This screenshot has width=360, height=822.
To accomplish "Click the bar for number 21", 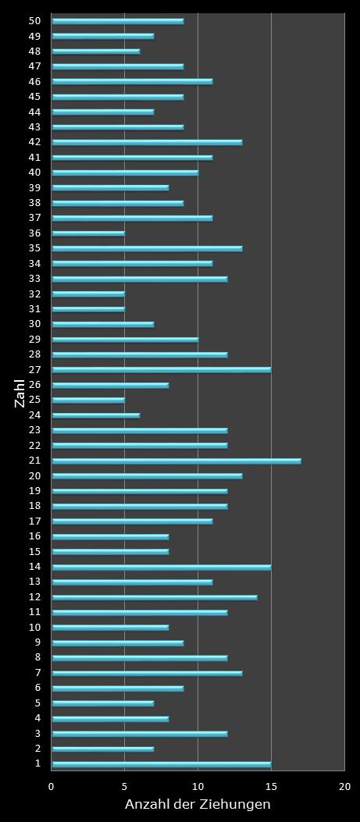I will tap(176, 461).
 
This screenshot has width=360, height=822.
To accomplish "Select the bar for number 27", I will tap(161, 370).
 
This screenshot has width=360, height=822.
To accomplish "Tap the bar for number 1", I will tap(161, 764).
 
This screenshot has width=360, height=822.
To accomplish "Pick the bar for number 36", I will tap(88, 233).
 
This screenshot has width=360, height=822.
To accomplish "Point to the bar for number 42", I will tap(147, 142).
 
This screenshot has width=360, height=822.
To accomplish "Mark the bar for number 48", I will tap(95, 52).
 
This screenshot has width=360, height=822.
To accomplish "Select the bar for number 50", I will tap(117, 21).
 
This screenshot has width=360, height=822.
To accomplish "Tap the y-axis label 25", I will tap(34, 400).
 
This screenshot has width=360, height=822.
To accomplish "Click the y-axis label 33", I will tap(34, 279).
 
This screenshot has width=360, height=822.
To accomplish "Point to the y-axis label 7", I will tap(37, 673).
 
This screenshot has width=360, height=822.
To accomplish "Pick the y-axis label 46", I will tap(34, 81).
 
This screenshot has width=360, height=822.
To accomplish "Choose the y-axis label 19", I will tap(34, 491).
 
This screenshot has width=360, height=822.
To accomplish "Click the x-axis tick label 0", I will tap(52, 787).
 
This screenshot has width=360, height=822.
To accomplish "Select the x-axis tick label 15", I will tap(271, 787).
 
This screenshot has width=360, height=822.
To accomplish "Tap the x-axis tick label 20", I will tap(344, 787).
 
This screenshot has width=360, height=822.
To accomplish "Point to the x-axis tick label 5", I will tap(125, 787).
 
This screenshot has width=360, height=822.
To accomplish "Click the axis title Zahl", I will tap(20, 393).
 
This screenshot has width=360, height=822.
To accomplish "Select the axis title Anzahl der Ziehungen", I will tap(198, 805).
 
